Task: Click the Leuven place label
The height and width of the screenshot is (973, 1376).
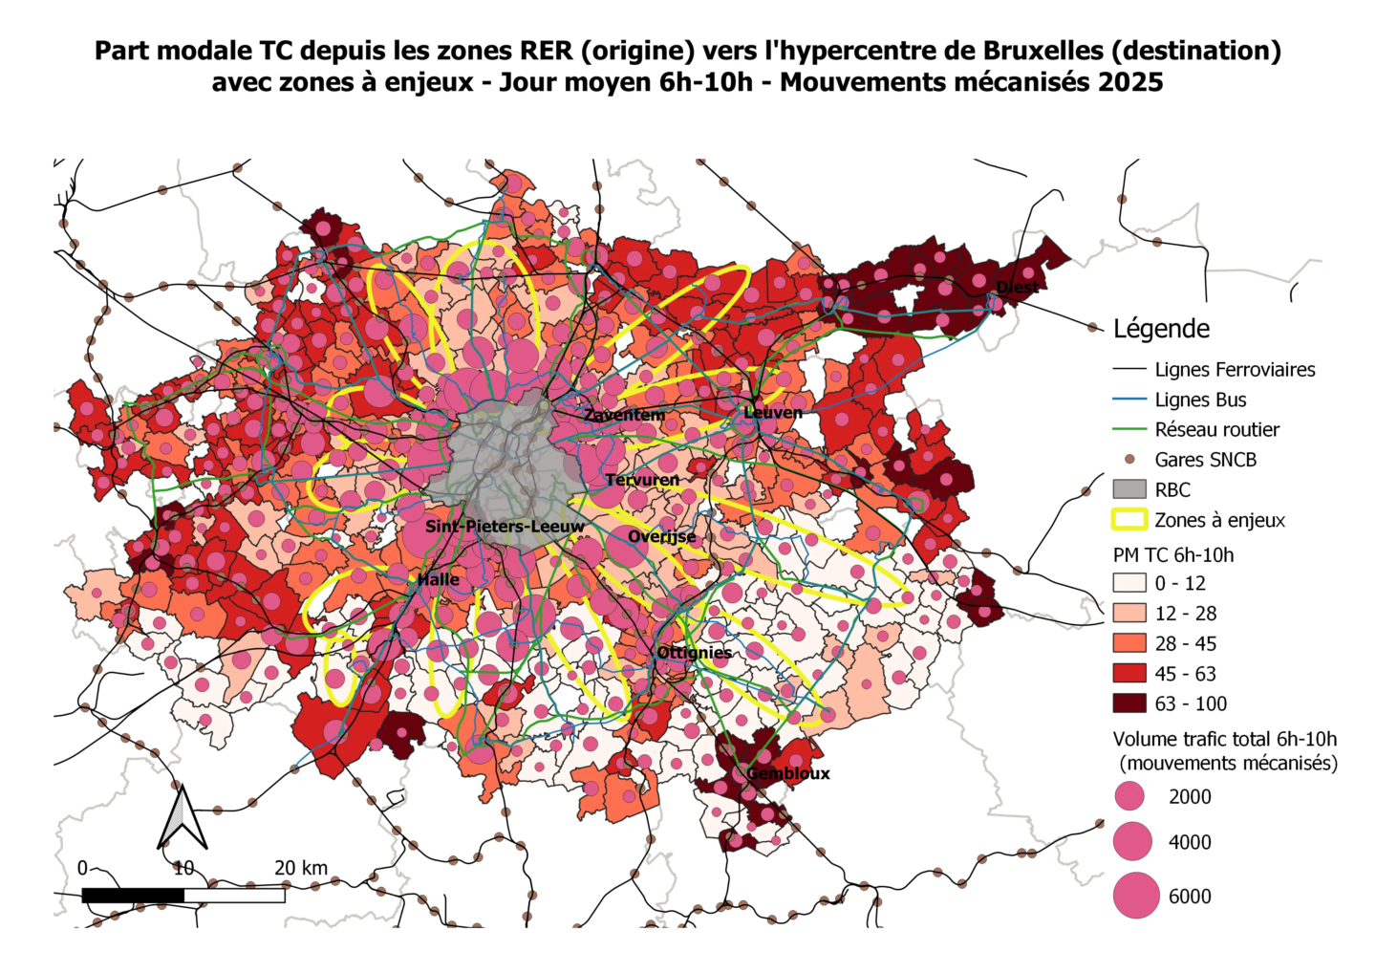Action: pos(773,412)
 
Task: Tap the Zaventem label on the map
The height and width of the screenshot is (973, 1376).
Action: pos(624,415)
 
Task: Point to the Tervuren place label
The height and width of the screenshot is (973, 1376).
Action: pos(642,480)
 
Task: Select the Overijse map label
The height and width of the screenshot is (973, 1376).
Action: pos(662,536)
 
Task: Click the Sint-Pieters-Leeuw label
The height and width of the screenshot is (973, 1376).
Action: pos(505,527)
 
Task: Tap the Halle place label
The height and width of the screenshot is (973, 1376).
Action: pos(439,579)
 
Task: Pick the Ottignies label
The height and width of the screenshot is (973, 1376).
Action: pos(695,653)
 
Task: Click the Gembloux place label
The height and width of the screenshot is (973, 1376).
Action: pos(787,773)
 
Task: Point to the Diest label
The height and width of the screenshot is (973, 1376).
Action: pos(1017,287)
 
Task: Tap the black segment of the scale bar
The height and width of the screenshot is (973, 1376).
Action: pos(133,896)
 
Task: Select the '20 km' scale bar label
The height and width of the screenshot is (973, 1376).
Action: pos(301,868)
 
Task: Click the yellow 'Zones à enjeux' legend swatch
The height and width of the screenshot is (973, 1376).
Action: pos(1129,520)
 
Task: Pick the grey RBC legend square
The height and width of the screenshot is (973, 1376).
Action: pos(1129,489)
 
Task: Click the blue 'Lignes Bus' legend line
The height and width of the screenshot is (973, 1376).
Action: pos(1129,400)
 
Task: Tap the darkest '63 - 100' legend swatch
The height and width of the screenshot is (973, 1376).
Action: pos(1129,703)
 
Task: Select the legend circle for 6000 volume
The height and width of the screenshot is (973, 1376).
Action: pos(1136,896)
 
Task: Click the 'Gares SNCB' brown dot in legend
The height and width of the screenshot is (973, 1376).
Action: pos(1129,460)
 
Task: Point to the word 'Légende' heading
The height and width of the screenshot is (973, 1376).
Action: pos(1161,329)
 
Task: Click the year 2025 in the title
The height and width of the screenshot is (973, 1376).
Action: pos(1129,82)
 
